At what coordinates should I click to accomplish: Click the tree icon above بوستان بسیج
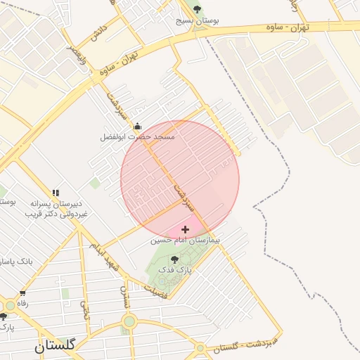coord(197,9)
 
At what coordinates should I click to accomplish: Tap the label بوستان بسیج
coord(197,21)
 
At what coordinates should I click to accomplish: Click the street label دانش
coord(98,34)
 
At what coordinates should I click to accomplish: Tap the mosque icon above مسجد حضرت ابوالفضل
coord(137,127)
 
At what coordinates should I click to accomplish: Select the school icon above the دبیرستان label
coord(56,192)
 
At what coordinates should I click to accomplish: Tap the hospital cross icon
coord(186,229)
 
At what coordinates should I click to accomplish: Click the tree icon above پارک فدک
coord(174,259)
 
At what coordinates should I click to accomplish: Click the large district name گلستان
coord(58,345)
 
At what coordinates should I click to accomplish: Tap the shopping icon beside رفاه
coord(23,293)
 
